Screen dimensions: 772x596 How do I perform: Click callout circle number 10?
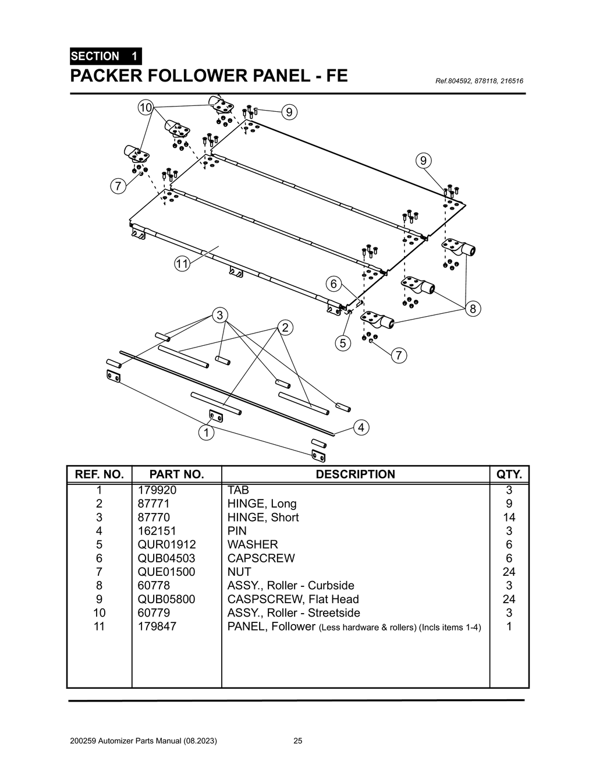click(x=146, y=107)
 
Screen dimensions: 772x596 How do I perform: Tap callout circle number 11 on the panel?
click(x=182, y=264)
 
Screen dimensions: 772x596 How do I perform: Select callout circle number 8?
click(x=473, y=309)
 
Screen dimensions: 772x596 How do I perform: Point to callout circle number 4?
click(x=361, y=427)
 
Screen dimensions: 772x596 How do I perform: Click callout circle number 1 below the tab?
click(x=205, y=433)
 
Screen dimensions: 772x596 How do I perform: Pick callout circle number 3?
click(x=219, y=316)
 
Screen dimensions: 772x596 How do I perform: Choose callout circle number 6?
click(x=334, y=284)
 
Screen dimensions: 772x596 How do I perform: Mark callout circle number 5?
click(x=343, y=343)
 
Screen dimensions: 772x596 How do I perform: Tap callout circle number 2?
click(x=285, y=327)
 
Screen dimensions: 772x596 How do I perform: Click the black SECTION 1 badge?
click(x=105, y=56)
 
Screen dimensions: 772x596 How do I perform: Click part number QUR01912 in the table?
click(x=166, y=544)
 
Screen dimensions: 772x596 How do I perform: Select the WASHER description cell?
click(x=253, y=544)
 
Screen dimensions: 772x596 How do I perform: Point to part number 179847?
click(x=157, y=626)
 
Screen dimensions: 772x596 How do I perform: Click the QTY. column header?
click(x=509, y=474)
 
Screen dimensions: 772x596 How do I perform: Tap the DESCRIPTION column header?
click(x=355, y=474)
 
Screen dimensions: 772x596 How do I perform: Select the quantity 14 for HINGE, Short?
click(x=509, y=517)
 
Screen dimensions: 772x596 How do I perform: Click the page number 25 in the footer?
click(x=297, y=741)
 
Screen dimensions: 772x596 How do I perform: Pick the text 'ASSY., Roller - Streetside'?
click(x=293, y=612)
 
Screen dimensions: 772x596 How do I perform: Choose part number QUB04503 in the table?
click(x=166, y=558)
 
